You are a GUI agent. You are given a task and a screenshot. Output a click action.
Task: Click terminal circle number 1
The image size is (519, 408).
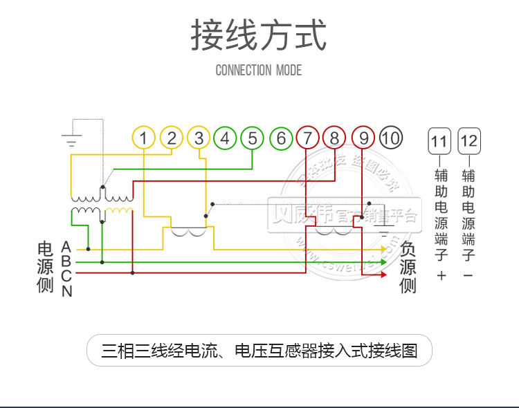point(143,138)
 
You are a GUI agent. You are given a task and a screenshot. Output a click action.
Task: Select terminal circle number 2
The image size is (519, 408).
point(171,138)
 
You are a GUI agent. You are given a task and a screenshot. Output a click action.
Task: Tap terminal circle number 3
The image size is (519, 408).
point(199,138)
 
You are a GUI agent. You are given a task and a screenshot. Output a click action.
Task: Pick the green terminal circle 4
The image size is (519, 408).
point(225,138)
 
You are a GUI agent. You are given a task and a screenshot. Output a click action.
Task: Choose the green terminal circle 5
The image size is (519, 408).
point(253,138)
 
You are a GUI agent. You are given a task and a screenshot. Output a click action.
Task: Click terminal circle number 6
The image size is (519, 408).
point(281,138)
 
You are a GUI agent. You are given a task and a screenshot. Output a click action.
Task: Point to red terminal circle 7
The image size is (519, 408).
point(308,138)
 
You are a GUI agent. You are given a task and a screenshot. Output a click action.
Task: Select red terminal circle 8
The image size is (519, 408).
point(334,138)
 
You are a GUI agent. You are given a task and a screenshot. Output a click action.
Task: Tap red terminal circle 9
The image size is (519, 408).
point(363,138)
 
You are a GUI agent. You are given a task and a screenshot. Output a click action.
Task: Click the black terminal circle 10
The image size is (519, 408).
point(390,138)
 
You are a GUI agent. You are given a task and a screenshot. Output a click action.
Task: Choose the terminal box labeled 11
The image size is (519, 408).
point(439,142)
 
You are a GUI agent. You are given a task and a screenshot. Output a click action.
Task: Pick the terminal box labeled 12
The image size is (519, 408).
point(469,142)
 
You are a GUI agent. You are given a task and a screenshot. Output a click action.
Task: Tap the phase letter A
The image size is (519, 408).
point(66,246)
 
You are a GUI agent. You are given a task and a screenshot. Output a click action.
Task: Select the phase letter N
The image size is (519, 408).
point(66,292)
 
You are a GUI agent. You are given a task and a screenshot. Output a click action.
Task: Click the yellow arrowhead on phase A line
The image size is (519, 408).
point(383,249)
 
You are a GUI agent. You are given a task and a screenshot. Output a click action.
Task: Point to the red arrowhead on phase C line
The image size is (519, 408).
point(383,274)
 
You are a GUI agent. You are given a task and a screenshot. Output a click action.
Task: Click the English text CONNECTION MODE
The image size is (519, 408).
point(259,70)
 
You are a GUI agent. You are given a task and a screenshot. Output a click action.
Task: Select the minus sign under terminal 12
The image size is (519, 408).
point(468,276)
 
